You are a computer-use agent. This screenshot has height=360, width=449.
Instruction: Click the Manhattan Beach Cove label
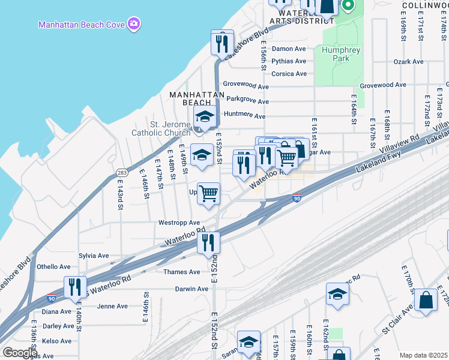point(81,25)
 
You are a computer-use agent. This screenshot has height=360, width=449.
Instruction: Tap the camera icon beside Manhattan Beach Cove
point(134,24)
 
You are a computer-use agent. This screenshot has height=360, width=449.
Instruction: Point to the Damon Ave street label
point(289,49)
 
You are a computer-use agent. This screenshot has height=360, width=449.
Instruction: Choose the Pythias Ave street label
point(289,61)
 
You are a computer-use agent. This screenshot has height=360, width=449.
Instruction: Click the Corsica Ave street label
point(289,74)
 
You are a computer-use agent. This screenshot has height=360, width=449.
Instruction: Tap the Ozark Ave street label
point(409,62)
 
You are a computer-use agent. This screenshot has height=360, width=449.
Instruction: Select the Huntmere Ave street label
point(244,116)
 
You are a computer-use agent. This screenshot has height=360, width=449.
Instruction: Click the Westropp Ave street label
point(179,223)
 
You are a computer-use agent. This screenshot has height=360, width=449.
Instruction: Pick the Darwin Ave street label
point(191,289)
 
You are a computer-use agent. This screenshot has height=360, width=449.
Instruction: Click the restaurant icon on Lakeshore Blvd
point(222,43)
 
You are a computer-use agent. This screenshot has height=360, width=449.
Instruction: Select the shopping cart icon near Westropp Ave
point(208,194)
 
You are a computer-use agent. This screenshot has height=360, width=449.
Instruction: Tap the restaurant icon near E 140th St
point(76,287)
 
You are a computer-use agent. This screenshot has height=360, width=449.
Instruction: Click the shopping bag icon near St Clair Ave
point(426,301)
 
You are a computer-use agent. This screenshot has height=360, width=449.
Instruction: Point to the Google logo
point(20,352)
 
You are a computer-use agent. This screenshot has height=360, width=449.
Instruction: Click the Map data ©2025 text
point(423,355)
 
